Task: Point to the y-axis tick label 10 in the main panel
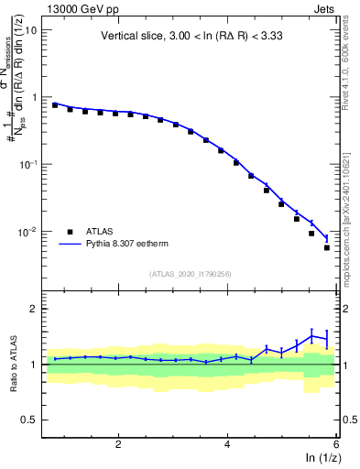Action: coord(31,29)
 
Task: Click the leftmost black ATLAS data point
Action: coord(55,105)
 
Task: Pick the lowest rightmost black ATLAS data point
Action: coord(327,247)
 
